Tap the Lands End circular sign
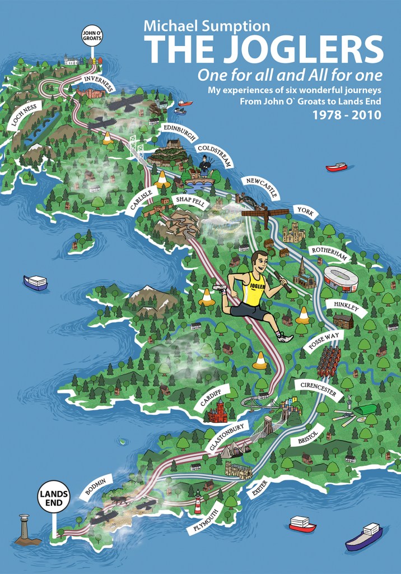(54, 497)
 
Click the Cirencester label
(318, 390)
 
